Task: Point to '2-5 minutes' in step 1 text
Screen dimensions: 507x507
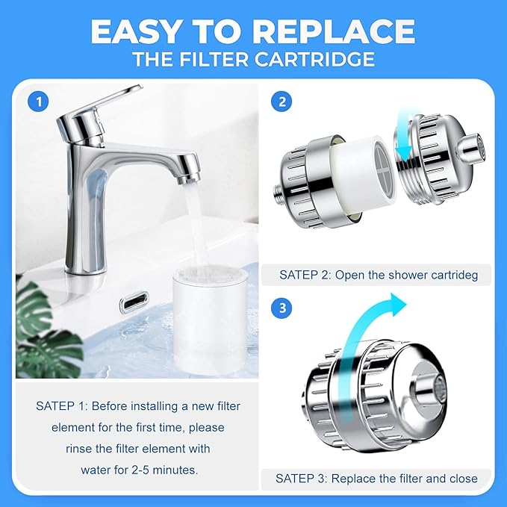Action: pos(169,470)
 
